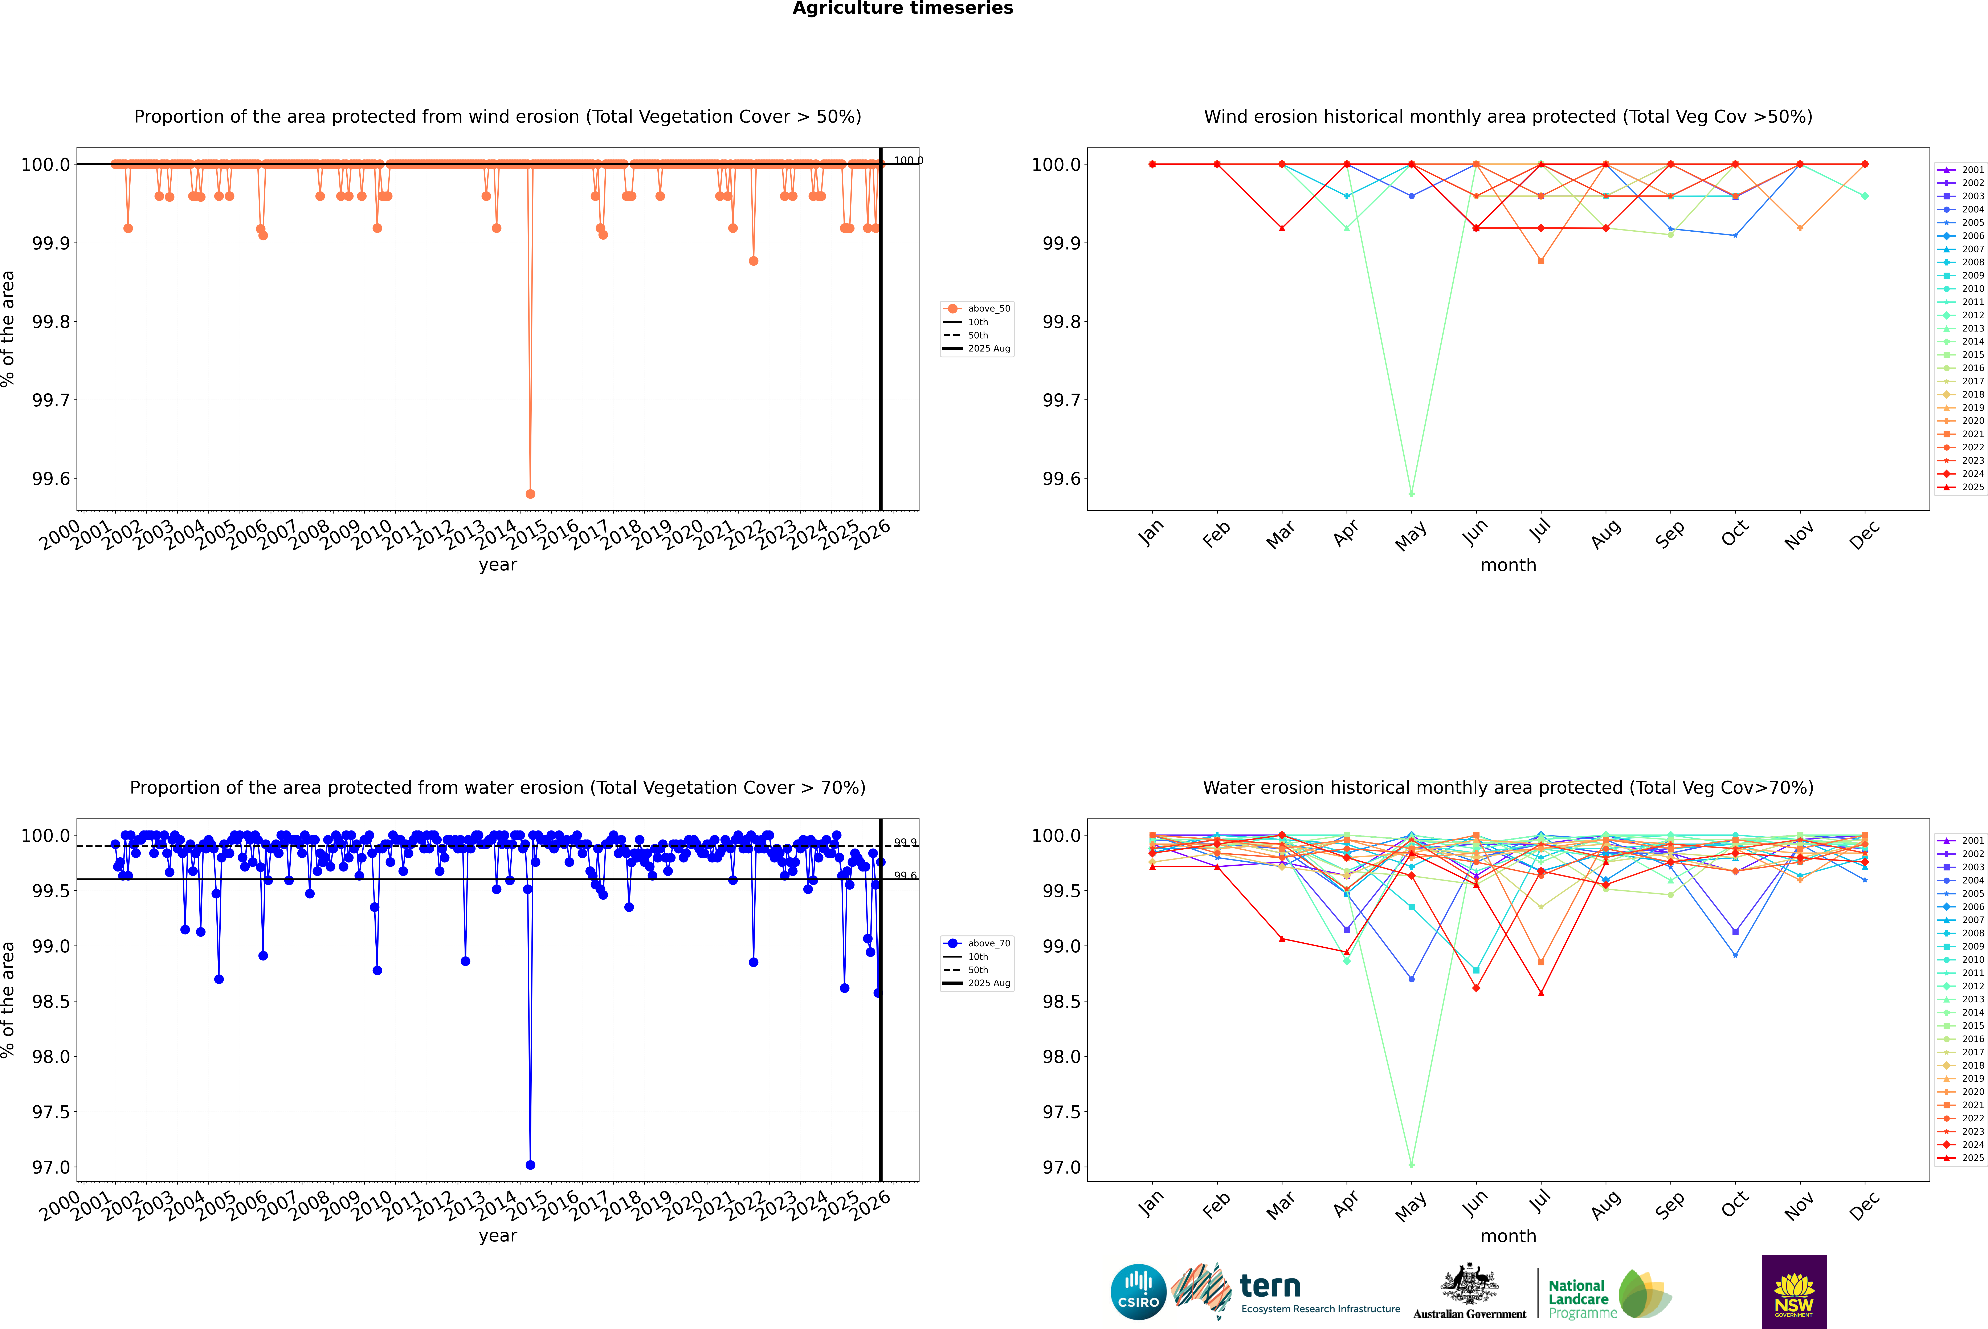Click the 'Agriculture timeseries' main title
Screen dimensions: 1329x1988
pos(902,8)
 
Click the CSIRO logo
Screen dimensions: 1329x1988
pos(1138,1292)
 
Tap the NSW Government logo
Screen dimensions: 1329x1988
pos(1794,1292)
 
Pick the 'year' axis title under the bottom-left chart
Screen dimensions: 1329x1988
pos(497,1236)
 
